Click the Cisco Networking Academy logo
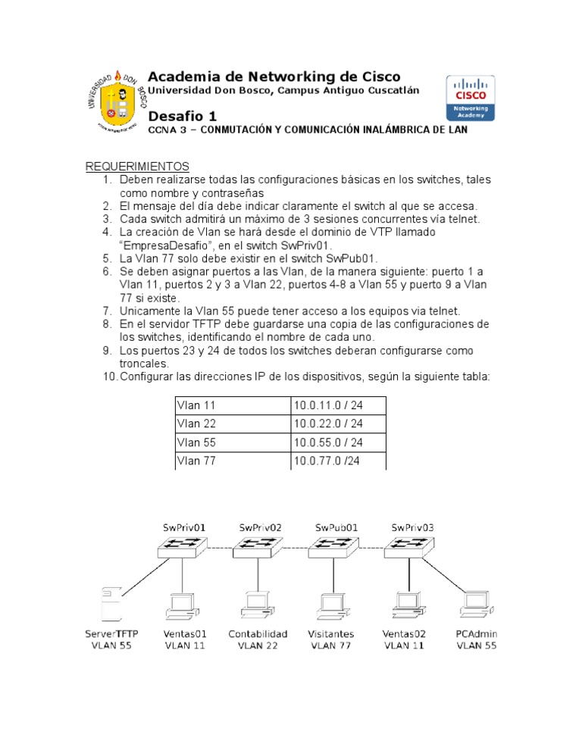click(470, 98)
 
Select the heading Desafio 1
click(183, 116)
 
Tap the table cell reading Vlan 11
click(196, 406)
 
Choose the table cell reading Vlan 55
click(196, 442)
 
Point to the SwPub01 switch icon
click(334, 545)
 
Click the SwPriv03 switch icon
click(410, 545)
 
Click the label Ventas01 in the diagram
click(184, 633)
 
